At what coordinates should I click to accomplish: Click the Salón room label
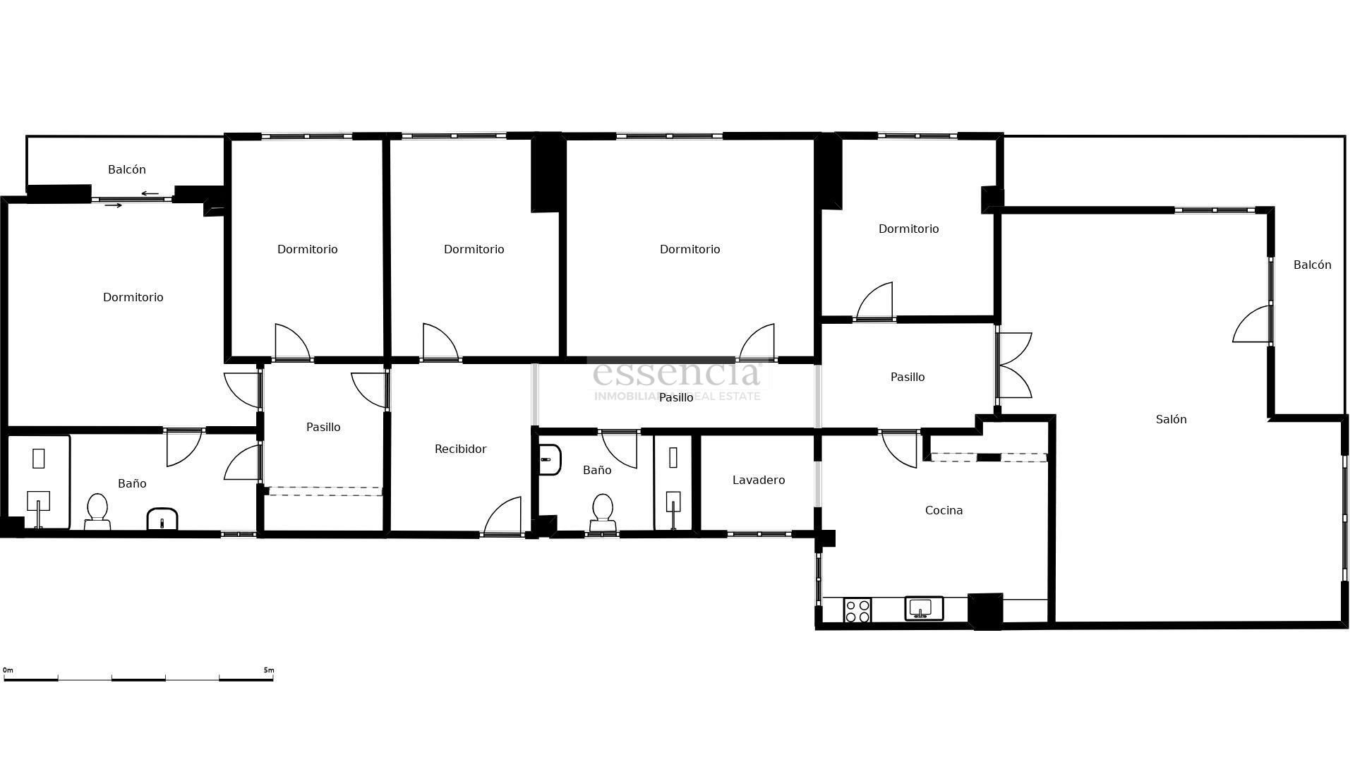(x=1171, y=419)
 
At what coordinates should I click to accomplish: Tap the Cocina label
(x=944, y=510)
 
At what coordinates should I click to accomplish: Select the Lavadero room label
(x=759, y=480)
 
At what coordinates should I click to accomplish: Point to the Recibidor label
(x=460, y=449)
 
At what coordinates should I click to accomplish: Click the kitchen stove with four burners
(x=857, y=610)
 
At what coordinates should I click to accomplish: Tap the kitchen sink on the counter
(x=924, y=608)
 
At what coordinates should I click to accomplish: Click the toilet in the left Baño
(x=97, y=511)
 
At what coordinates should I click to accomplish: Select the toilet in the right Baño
(x=603, y=512)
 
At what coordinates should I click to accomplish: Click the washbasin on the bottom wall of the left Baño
(x=162, y=519)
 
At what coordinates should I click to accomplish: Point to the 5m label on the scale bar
(x=269, y=670)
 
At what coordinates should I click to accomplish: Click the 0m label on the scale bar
(x=8, y=670)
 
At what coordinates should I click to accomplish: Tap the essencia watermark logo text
(x=677, y=373)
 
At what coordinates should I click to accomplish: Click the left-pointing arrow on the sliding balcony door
(x=150, y=193)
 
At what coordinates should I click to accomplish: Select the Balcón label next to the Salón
(x=1312, y=265)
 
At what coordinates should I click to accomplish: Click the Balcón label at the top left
(x=127, y=169)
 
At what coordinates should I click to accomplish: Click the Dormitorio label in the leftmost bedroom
(x=133, y=297)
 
